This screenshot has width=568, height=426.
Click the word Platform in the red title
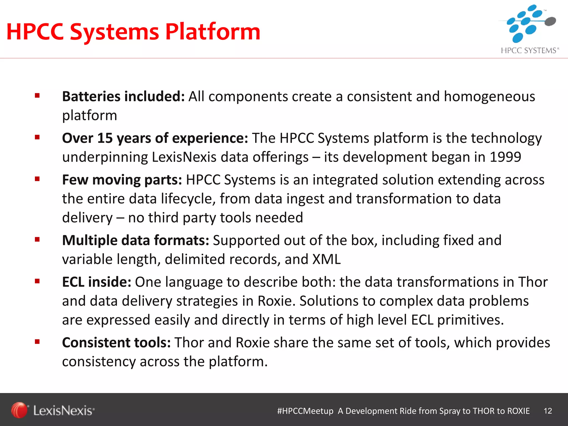click(213, 32)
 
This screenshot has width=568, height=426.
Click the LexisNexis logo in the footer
click(53, 410)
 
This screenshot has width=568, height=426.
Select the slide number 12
click(548, 411)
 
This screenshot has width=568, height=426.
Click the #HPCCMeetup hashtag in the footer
click(305, 411)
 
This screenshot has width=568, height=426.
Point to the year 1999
click(505, 157)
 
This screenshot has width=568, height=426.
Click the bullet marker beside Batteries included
click(37, 96)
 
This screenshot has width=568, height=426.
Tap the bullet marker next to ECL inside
click(37, 281)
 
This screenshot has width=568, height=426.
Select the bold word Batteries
click(91, 97)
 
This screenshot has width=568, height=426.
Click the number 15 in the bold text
click(105, 138)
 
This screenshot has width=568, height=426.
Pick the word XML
click(326, 259)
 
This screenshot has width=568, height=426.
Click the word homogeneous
click(489, 97)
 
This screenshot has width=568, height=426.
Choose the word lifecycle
click(189, 199)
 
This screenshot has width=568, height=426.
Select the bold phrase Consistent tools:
click(116, 343)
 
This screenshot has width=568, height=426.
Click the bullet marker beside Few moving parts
click(37, 179)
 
